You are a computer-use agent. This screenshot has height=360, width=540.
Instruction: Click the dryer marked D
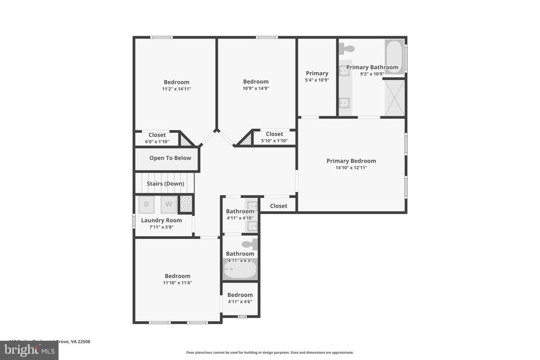coord(147,204)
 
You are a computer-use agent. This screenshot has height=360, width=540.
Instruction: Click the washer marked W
coord(169,204)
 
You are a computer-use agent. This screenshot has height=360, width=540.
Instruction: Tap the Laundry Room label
coord(161,220)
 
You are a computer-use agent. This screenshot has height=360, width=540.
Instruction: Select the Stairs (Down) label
coord(166,184)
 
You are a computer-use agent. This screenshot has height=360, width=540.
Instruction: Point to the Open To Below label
coord(170,158)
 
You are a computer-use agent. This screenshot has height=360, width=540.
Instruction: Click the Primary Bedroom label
coord(351,161)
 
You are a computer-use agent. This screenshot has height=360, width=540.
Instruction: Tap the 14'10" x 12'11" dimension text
coord(351,168)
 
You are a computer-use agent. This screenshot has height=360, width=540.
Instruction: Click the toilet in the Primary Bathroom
coord(347,49)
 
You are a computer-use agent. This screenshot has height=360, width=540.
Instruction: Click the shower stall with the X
coord(394,97)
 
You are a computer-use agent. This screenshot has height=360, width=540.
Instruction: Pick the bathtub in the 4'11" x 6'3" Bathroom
coord(240,270)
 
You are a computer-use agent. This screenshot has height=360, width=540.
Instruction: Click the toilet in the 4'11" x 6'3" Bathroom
coord(249,244)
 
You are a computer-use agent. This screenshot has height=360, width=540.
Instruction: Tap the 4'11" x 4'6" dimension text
coord(240,301)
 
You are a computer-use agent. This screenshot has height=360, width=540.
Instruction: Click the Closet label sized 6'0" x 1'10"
coord(157,135)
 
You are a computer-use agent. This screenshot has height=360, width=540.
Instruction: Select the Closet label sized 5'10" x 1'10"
coord(274,134)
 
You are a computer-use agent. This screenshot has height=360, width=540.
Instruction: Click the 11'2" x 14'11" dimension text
coord(176,89)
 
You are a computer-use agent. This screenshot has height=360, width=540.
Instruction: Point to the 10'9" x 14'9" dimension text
coord(256,89)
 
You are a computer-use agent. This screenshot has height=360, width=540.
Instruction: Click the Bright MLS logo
coord(29,350)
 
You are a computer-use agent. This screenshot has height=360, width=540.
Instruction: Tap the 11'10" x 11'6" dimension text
coord(177,283)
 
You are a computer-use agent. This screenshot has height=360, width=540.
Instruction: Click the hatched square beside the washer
coord(186,204)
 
